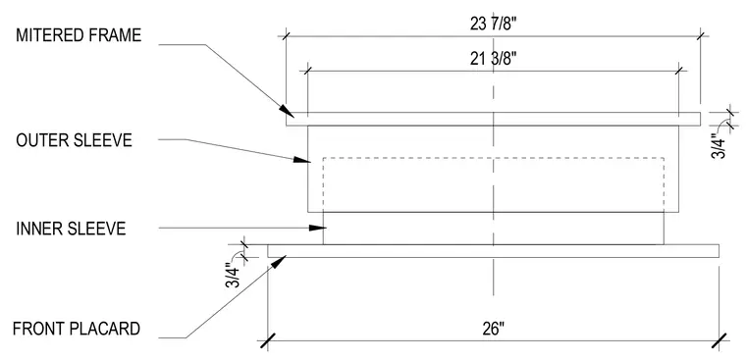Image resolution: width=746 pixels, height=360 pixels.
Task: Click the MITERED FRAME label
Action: (79, 35)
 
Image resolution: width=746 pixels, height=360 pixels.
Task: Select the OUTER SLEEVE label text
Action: (74, 140)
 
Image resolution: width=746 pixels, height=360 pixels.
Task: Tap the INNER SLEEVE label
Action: (71, 229)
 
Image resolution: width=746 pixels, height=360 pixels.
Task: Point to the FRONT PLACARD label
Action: (77, 329)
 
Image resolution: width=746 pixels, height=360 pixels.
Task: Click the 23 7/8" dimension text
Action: (493, 24)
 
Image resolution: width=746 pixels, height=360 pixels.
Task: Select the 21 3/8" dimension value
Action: (493, 60)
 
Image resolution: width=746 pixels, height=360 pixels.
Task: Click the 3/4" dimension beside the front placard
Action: (233, 277)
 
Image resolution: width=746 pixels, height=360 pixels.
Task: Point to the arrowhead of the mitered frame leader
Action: (287, 110)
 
